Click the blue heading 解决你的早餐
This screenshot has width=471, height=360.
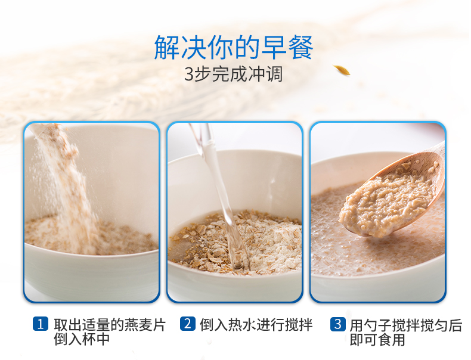[x=234, y=48]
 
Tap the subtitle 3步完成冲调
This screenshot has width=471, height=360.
[x=233, y=74]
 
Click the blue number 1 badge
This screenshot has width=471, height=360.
[x=41, y=324]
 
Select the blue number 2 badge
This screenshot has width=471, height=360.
[x=188, y=324]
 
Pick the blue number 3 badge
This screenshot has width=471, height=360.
[x=338, y=324]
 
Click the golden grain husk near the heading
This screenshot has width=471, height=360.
[x=342, y=70]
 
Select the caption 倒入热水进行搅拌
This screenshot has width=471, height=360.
[x=256, y=324]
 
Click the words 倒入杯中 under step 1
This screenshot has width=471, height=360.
[x=82, y=339]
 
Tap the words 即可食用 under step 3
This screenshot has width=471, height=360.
[x=377, y=340]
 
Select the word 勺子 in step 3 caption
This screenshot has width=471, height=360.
[x=377, y=325]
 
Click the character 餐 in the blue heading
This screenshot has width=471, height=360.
[x=300, y=48]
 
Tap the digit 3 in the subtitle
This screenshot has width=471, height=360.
[x=188, y=75]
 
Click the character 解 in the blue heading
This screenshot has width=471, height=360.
[x=167, y=48]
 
